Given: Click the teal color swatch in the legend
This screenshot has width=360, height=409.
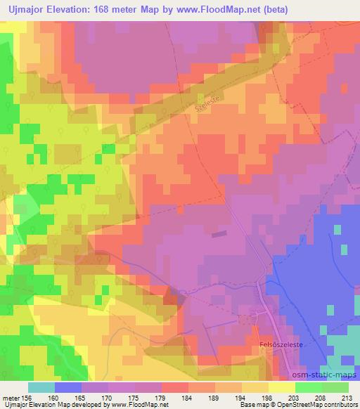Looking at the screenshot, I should pyautogui.click(x=41, y=387).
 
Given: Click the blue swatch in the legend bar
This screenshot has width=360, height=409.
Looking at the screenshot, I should pyautogui.click(x=67, y=387).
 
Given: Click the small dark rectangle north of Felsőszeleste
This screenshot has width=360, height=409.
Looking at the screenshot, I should pyautogui.click(x=219, y=234).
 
